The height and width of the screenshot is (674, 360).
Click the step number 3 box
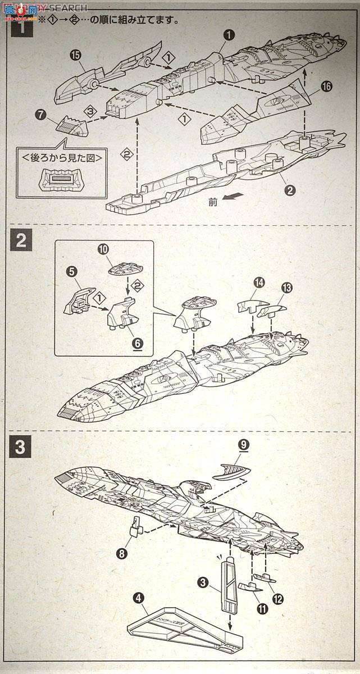click(x=20, y=447)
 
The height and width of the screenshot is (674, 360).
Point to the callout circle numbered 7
click(x=40, y=115)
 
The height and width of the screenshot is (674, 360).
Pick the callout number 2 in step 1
click(x=290, y=190)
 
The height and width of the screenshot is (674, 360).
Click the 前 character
click(x=212, y=203)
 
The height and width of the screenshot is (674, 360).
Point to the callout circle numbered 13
click(x=287, y=288)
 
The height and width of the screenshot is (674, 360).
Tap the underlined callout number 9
click(x=244, y=444)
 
